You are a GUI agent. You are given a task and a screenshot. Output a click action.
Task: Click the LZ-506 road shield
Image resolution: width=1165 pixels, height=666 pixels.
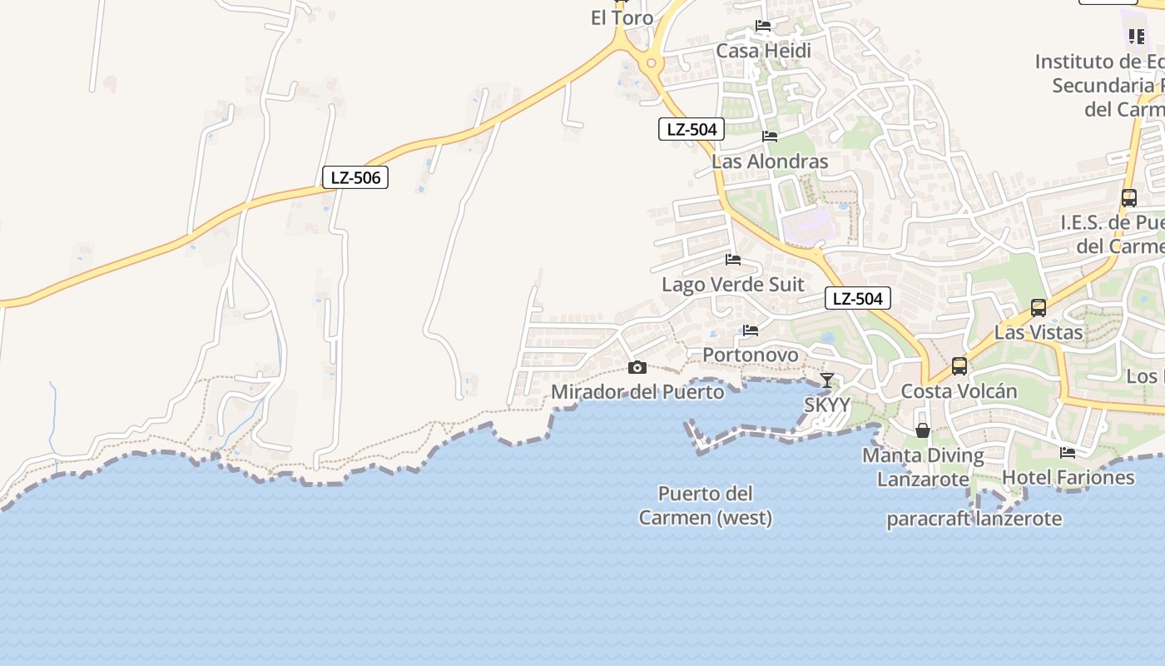355,177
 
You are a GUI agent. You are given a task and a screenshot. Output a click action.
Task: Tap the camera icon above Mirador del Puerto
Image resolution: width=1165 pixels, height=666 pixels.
637,367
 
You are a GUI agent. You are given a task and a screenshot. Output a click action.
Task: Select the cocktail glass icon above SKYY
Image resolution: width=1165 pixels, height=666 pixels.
826,380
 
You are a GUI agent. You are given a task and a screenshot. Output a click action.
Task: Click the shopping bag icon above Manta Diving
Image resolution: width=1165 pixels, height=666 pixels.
923,430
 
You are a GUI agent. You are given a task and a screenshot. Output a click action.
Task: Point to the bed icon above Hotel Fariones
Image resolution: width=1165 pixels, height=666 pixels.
1068,452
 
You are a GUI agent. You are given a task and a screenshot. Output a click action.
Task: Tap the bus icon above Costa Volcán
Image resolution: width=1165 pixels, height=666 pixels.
959,365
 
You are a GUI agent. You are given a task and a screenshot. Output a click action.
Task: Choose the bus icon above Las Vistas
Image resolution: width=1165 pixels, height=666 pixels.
1039,307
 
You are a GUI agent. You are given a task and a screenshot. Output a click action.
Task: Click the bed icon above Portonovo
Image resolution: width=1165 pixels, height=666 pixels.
751,331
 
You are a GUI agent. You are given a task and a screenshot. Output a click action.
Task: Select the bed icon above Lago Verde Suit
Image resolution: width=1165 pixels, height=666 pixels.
733,260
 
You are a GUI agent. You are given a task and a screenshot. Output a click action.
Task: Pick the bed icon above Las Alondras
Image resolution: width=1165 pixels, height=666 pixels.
770,136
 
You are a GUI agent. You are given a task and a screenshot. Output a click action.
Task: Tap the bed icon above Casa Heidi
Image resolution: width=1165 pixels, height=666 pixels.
763,26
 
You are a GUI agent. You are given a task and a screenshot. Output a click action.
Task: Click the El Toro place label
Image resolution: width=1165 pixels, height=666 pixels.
622,18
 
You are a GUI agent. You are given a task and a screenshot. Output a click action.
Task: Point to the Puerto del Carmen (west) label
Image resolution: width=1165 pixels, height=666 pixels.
706,505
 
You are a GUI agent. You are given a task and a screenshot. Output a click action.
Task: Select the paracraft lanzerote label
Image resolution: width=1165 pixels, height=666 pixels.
974,519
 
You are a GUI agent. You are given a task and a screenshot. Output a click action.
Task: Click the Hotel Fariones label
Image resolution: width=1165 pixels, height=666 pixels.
1068,477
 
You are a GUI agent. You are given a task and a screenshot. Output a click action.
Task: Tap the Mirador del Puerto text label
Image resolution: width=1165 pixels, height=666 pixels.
637,391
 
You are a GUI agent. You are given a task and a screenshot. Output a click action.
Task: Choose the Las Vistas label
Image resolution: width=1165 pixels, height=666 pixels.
1039,332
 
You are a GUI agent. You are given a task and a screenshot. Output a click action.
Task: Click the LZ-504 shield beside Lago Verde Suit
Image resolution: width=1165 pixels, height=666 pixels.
858,298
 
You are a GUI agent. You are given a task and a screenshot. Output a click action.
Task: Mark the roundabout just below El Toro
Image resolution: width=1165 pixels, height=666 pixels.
651,63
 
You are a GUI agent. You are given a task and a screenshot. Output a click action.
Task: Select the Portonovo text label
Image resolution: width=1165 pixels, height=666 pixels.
751,355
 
